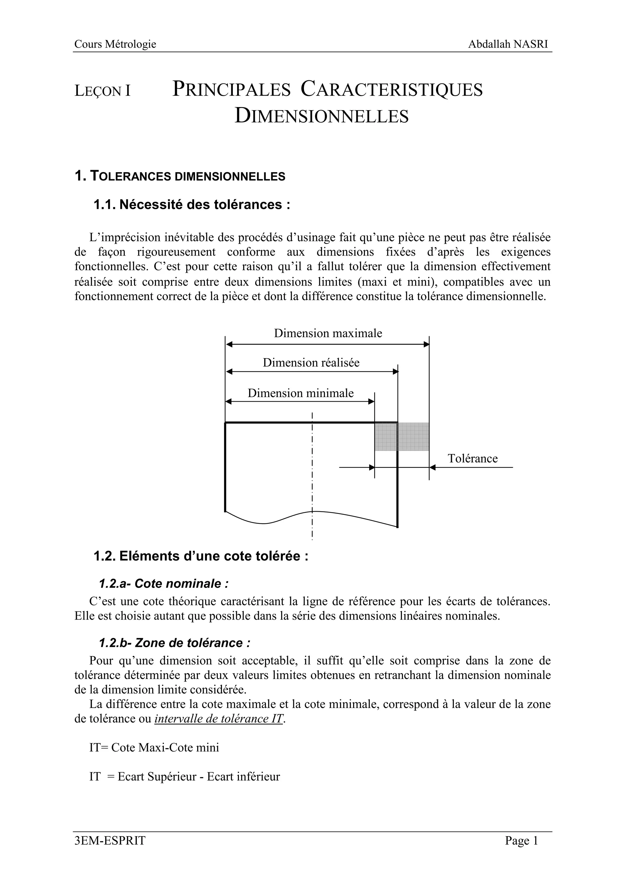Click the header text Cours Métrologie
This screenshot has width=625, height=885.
115,44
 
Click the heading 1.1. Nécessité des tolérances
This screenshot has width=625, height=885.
191,205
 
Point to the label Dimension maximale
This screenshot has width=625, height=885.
328,333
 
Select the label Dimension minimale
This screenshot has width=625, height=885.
300,393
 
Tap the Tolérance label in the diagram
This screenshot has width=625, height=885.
472,458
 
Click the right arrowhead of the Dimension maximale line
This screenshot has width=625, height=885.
426,344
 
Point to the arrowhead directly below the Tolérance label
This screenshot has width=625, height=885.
432,468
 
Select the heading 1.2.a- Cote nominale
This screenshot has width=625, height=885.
163,584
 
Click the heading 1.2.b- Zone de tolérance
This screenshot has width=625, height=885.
175,643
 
